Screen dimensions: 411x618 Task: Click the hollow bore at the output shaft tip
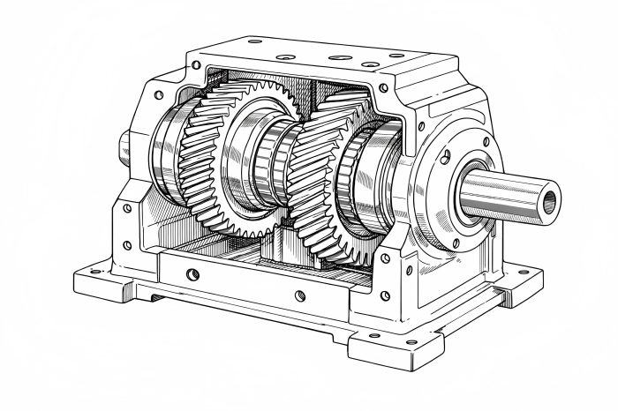click(x=551, y=200)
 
